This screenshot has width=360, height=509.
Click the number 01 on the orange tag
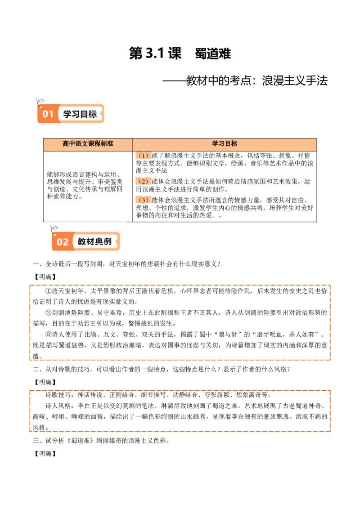(48, 114)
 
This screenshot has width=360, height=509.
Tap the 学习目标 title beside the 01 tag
(80, 114)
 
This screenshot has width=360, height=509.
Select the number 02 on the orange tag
(63, 242)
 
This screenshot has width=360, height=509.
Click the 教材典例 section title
(94, 241)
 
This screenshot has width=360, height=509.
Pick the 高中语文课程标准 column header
(88, 144)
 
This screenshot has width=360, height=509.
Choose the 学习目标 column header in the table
(225, 144)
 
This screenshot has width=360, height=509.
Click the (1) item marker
(144, 156)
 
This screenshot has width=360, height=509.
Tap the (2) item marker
(144, 182)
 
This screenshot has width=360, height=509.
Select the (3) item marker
(144, 200)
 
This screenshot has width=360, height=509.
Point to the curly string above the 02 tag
(54, 229)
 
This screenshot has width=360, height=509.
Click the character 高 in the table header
(66, 144)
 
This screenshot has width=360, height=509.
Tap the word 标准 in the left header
(107, 144)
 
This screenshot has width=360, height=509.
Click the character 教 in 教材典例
(82, 241)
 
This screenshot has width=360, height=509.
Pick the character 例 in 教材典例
(108, 241)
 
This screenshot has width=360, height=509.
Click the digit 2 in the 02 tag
(66, 242)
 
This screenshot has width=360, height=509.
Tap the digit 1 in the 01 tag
(51, 114)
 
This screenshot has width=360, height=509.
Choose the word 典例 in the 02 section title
(103, 241)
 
